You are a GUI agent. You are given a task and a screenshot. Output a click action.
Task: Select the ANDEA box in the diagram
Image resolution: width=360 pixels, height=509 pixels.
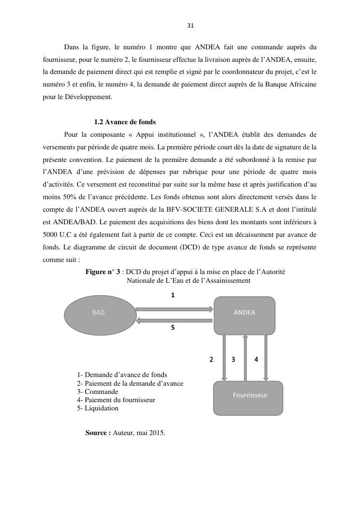tap(245, 315)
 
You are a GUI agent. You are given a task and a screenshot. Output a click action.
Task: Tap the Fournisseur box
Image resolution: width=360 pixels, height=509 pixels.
tap(248, 398)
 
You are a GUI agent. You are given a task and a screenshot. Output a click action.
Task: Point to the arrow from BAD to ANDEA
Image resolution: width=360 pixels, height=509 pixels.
tap(174, 309)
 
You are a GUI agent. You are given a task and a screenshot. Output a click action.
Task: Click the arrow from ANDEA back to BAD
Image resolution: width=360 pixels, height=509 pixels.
tap(174, 320)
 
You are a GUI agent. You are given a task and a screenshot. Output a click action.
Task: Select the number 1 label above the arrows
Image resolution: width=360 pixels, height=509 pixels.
tap(173, 295)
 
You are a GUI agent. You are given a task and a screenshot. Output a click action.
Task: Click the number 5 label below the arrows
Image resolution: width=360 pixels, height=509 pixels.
tap(173, 327)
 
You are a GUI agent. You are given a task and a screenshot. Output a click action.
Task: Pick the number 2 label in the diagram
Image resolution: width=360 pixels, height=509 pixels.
tap(211, 359)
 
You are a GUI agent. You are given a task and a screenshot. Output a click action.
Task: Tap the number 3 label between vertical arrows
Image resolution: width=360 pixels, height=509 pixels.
tap(233, 359)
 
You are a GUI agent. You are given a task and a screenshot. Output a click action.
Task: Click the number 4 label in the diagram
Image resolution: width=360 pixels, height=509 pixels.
tap(256, 359)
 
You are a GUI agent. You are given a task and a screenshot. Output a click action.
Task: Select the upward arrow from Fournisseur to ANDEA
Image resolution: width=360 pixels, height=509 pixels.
tap(245, 358)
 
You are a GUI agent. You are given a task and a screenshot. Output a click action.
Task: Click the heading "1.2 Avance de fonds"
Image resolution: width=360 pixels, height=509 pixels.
tap(125, 122)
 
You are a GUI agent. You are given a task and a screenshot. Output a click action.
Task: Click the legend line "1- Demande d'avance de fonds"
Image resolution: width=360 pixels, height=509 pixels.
tap(122, 375)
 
